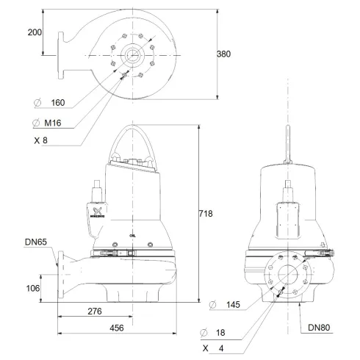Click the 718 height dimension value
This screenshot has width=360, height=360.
206,214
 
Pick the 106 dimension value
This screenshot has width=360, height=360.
33,289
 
